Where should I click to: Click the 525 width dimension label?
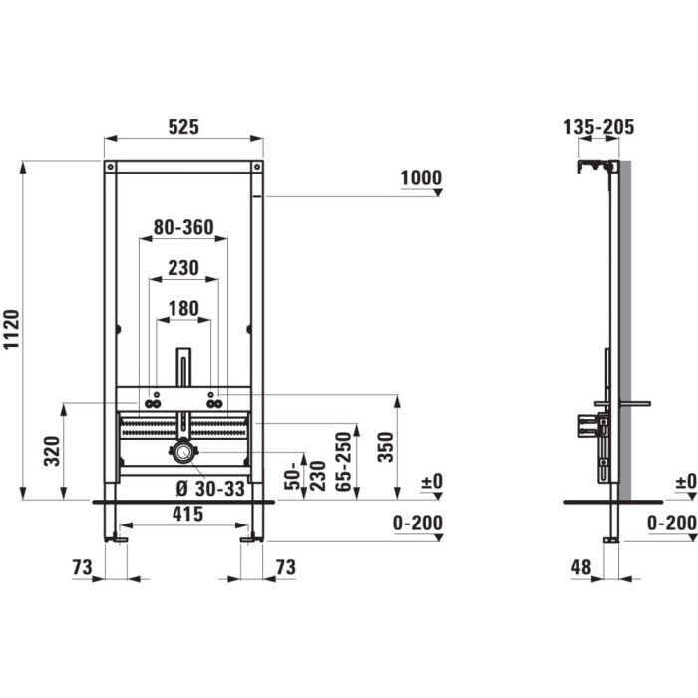[x=183, y=127]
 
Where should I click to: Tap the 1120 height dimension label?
[x=12, y=329]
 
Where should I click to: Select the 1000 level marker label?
[x=421, y=178]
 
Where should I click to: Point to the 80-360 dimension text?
[x=183, y=228]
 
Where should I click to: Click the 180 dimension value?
[x=183, y=309]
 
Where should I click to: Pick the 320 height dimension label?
[x=52, y=452]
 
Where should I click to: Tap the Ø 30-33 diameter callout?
[x=210, y=489]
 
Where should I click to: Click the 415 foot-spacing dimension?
[x=187, y=515]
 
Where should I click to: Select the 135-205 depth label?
[x=598, y=127]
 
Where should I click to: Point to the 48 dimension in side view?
[x=581, y=567]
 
